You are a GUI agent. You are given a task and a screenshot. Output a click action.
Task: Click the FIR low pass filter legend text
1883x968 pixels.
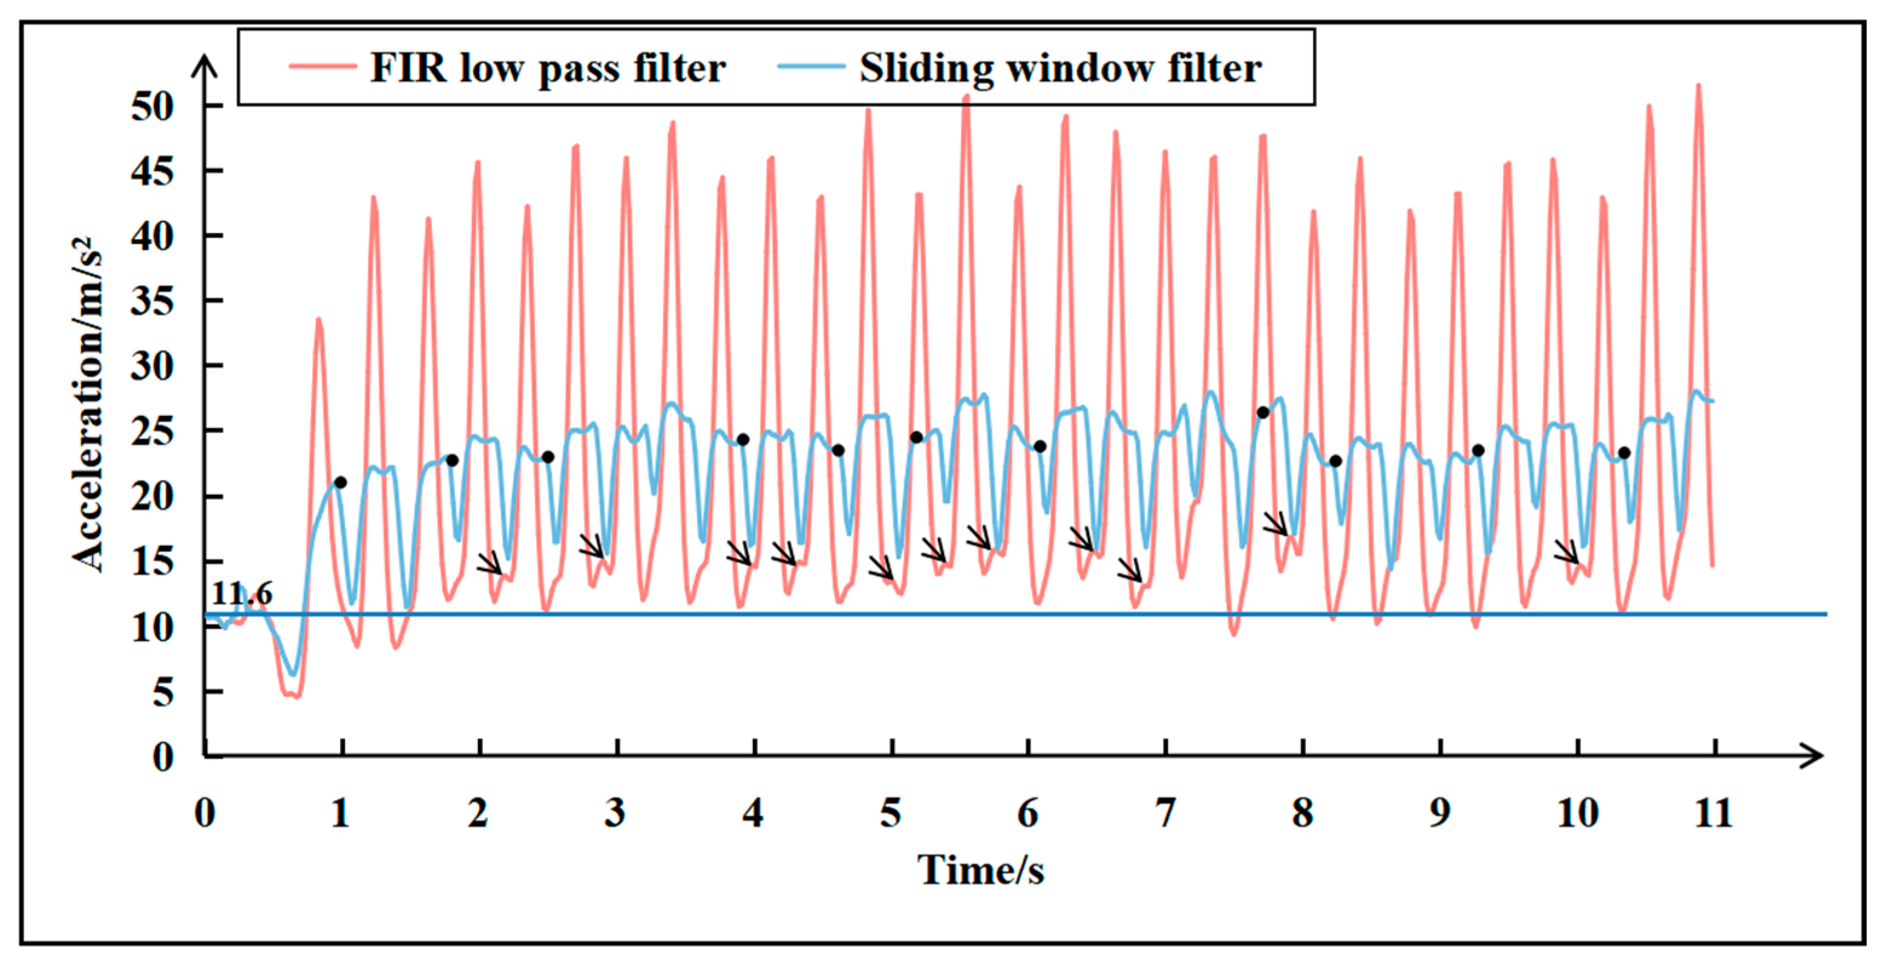click(548, 69)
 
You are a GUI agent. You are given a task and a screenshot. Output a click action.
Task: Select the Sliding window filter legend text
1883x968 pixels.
click(1060, 69)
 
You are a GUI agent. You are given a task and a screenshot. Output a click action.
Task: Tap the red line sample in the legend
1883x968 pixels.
click(323, 67)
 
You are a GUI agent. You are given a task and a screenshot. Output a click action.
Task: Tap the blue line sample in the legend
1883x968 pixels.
click(811, 67)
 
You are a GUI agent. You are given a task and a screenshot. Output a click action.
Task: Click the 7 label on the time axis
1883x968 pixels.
click(1165, 813)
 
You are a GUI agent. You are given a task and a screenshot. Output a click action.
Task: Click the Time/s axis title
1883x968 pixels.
click(981, 870)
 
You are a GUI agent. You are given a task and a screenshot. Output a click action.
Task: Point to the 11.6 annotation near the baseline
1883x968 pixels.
click(241, 594)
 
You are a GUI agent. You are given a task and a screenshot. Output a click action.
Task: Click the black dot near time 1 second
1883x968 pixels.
click(340, 483)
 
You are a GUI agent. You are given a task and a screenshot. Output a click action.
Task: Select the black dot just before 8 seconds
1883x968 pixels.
click(1262, 413)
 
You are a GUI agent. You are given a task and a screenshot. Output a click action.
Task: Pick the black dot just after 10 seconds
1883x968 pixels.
click(1624, 453)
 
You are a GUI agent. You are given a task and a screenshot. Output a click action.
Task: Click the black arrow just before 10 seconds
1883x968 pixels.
click(1566, 551)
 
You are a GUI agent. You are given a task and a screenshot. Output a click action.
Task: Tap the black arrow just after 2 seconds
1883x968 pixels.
click(490, 562)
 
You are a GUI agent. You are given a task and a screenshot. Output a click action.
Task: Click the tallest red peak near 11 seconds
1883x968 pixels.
click(1697, 87)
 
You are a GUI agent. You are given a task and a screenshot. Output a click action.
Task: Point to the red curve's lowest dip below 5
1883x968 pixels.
click(296, 697)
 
